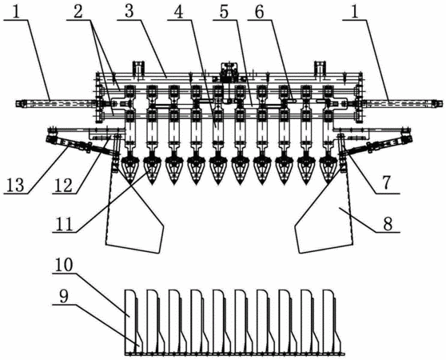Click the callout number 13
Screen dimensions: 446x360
16,185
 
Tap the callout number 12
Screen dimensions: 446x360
64,185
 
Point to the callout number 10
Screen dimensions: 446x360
64,265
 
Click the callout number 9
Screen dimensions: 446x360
64,296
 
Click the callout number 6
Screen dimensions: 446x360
259,12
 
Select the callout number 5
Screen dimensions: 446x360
225,12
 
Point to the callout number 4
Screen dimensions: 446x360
179,12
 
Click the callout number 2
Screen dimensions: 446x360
78,12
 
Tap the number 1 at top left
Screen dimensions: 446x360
16,12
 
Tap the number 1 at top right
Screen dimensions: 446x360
354,12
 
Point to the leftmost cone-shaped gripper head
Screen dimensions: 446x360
129,170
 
